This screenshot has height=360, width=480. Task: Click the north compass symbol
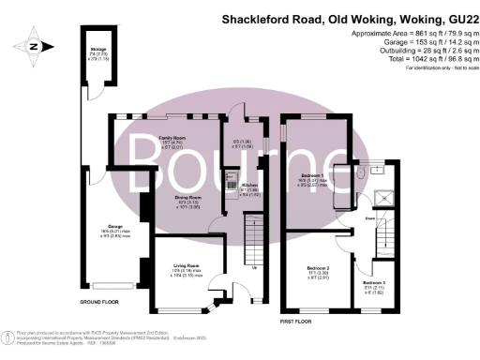click(x=34, y=44)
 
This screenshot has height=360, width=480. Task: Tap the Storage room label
click(x=97, y=53)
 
